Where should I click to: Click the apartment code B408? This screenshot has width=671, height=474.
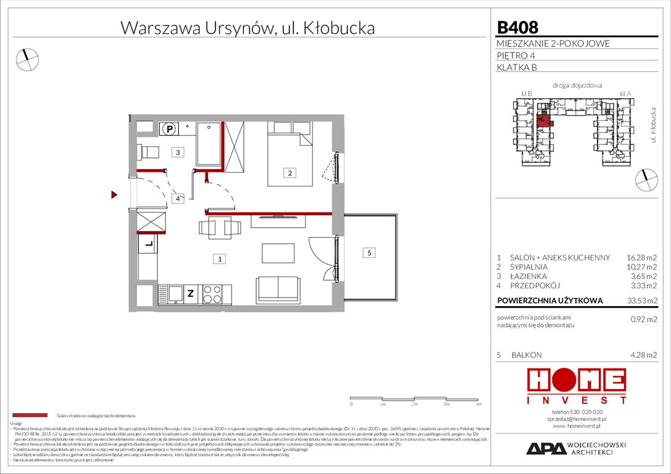coord(517,27)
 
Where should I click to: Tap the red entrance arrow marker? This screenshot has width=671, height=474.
coord(114,196)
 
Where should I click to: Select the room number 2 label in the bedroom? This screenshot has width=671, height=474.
coord(288,173)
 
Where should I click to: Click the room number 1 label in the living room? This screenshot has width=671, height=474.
coord(219,259)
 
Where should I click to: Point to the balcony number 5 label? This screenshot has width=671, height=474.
coord(369,252)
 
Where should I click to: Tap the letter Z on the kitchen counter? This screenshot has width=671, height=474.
coord(191,294)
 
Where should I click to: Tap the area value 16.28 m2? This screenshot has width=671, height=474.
coord(641,257)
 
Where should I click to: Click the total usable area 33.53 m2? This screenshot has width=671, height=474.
coord(641,302)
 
